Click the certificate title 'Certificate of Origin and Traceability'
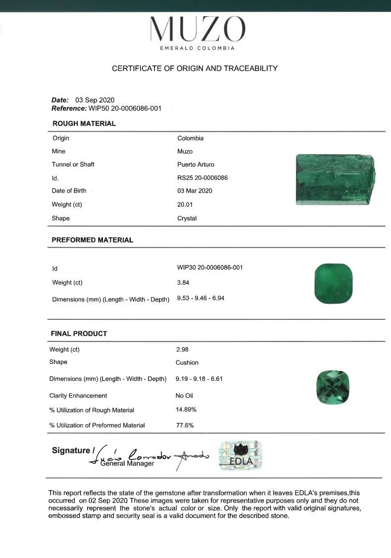(x=195, y=68)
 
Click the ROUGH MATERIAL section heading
(x=84, y=124)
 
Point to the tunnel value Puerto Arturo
(x=195, y=164)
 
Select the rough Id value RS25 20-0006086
(x=202, y=178)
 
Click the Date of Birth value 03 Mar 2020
(x=195, y=191)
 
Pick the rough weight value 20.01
(x=185, y=204)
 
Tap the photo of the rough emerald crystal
(x=336, y=179)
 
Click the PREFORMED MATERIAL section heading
(x=93, y=240)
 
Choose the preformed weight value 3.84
(x=183, y=283)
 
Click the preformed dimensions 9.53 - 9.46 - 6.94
(x=200, y=298)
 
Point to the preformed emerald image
(x=334, y=284)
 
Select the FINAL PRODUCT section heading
(x=79, y=334)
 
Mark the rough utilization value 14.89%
(x=186, y=410)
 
